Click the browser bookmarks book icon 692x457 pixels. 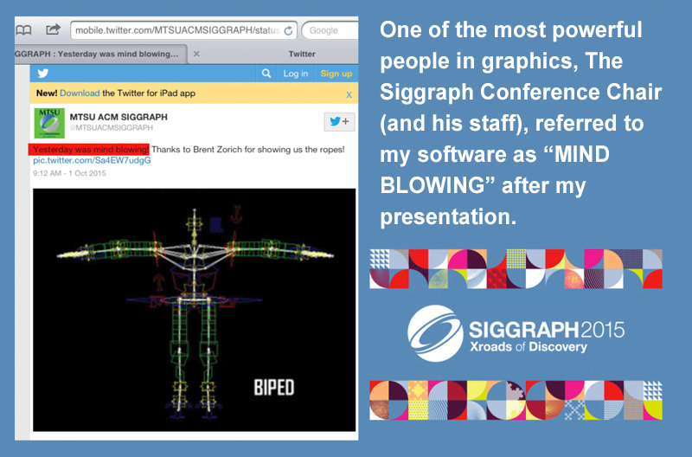[23, 30]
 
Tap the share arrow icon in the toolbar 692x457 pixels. [53, 29]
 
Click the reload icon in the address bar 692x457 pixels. [288, 30]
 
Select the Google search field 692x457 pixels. [330, 30]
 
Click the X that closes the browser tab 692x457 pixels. [196, 54]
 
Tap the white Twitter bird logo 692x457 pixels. [42, 74]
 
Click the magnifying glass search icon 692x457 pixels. [266, 74]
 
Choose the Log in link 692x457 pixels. [295, 74]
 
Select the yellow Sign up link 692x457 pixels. [336, 74]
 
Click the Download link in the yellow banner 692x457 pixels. [80, 93]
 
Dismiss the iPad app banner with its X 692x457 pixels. [349, 94]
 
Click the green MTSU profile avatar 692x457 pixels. [49, 123]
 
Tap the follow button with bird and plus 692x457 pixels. [339, 121]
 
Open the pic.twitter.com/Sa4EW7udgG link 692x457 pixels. [92, 160]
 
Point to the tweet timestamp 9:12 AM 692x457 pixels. [47, 173]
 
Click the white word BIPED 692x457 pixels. [273, 388]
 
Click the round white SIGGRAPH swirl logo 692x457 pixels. [435, 334]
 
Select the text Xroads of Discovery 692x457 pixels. [529, 346]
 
